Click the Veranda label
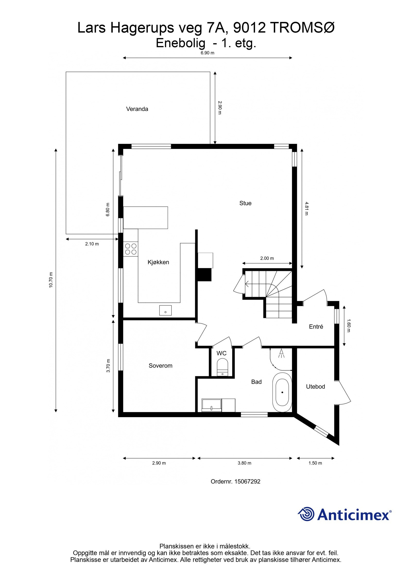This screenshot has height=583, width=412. click(x=137, y=109)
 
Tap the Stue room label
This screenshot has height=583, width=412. click(x=245, y=203)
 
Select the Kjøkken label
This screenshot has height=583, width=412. click(x=158, y=262)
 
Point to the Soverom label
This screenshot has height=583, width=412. click(x=160, y=366)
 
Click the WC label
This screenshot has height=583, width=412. click(x=221, y=353)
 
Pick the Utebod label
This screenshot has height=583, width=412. click(x=315, y=386)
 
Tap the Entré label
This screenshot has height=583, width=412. click(x=316, y=327)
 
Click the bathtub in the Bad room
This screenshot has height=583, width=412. click(x=282, y=392)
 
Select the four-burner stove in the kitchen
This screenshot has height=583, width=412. click(x=131, y=249)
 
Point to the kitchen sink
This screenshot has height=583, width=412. click(x=165, y=310)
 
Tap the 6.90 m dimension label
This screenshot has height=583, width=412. click(x=208, y=53)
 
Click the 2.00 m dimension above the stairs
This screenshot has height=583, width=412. click(x=267, y=258)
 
